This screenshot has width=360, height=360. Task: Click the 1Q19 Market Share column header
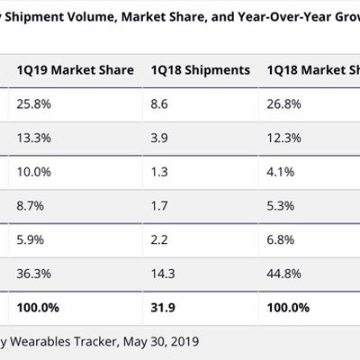click(75, 70)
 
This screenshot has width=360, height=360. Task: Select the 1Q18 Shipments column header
click(200, 70)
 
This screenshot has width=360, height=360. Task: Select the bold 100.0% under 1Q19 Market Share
click(38, 307)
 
